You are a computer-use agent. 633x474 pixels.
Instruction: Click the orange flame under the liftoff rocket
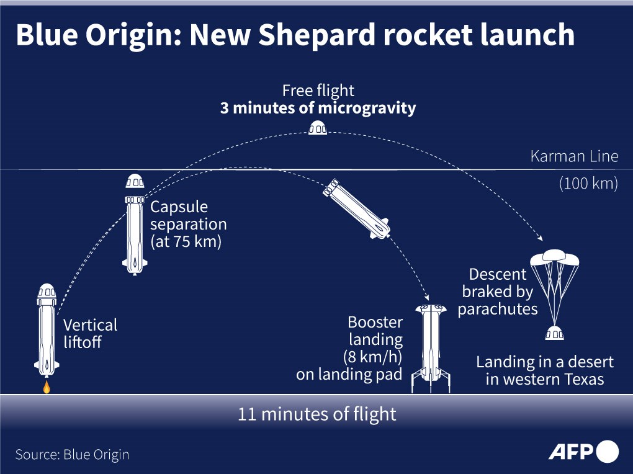[47, 387]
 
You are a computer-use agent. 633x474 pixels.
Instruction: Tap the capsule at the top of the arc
[318, 128]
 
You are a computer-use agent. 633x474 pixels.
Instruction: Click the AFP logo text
[571, 452]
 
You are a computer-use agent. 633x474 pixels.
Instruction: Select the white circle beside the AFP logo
[607, 452]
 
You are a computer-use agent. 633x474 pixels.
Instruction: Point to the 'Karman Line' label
[574, 156]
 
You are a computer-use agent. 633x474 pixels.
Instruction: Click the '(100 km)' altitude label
[588, 184]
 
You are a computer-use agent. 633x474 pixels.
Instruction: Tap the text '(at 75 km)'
[186, 241]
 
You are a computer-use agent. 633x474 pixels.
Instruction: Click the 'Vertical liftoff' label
[91, 334]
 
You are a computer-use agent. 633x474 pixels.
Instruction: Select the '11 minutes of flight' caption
[317, 414]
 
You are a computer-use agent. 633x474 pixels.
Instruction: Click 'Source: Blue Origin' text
[72, 455]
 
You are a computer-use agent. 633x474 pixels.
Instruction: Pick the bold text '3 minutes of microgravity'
[318, 108]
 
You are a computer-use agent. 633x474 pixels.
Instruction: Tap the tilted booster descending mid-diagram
[356, 208]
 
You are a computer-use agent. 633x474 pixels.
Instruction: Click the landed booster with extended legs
[431, 349]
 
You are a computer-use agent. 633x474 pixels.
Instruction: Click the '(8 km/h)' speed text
[372, 357]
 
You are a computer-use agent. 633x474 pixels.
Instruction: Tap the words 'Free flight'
[318, 91]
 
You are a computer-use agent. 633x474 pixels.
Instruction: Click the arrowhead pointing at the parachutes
[540, 238]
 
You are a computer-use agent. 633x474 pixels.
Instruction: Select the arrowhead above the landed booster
[426, 297]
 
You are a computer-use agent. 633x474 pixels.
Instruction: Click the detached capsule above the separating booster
[135, 181]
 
